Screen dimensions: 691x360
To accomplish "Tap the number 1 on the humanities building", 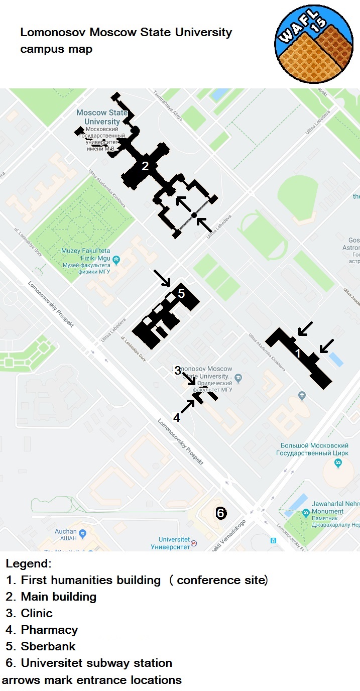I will tap(298, 354).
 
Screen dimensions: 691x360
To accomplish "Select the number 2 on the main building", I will tap(145, 166).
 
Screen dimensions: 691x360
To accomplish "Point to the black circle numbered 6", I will tap(220, 513).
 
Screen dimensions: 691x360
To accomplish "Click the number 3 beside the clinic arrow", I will tap(177, 371).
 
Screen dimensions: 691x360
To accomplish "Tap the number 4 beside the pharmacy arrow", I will tap(176, 417).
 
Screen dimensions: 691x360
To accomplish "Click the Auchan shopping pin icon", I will tap(83, 533).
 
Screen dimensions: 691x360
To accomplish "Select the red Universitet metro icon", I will tap(194, 543).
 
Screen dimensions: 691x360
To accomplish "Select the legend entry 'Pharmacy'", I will tap(49, 630).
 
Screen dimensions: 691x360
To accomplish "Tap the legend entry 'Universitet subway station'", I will tap(96, 663).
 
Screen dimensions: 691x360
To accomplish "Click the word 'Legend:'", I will tap(29, 563).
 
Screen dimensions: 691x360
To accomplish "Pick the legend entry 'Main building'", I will tap(58, 597).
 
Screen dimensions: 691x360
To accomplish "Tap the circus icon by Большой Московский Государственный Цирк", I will tap(338, 463).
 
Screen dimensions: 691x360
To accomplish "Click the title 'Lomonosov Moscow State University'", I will tap(126, 33).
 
